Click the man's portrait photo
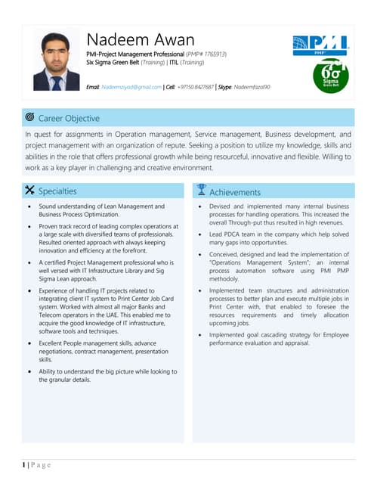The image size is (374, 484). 57,60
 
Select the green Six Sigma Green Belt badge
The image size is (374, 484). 329,76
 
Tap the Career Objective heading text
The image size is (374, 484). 69,118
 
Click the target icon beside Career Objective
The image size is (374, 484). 29,117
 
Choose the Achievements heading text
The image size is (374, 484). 235,192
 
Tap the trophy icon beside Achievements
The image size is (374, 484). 201,191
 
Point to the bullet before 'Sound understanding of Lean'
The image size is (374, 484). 29,206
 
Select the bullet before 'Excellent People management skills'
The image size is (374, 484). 29,343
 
